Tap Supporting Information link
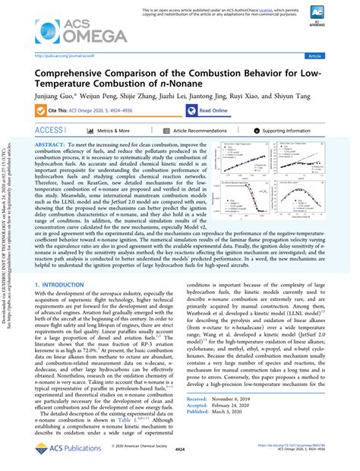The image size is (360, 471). [294, 131]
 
